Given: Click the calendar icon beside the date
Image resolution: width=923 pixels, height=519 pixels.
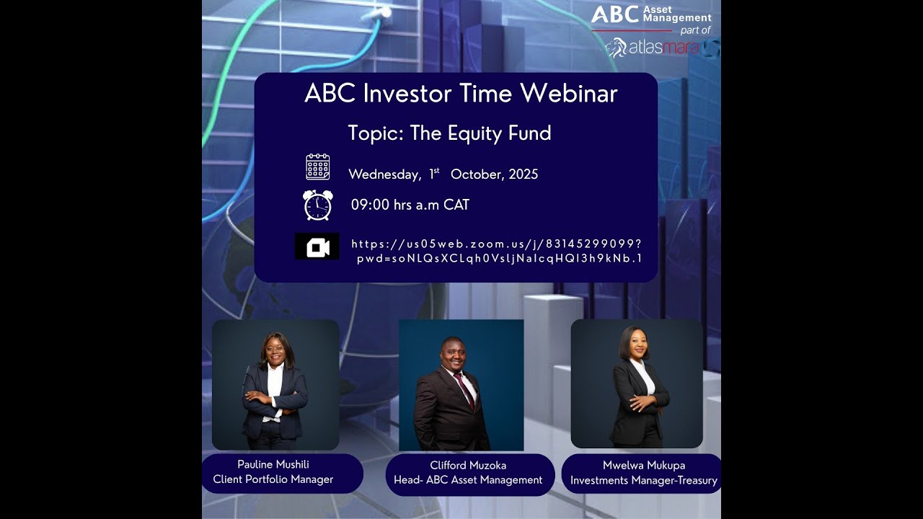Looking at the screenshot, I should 317,167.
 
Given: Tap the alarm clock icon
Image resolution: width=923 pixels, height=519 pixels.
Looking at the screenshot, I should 317,205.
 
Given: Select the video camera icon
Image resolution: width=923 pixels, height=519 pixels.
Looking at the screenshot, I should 317,247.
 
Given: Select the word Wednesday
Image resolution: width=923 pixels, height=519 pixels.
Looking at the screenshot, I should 384,174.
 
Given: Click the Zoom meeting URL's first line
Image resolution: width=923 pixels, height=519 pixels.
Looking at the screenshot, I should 496,244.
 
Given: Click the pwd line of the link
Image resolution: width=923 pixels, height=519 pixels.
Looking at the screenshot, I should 499,258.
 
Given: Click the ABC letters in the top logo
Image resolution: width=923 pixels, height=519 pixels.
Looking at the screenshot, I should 615,14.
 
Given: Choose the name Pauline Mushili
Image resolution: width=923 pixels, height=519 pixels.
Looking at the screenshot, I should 273,464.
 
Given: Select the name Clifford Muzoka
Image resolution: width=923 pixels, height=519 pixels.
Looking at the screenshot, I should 467,465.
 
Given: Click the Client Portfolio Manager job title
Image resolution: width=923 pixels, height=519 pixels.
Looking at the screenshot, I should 273,479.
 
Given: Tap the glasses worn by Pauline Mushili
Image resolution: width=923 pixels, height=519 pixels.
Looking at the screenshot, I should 275,349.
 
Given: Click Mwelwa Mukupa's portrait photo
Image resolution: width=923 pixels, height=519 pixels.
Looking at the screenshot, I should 637,383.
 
